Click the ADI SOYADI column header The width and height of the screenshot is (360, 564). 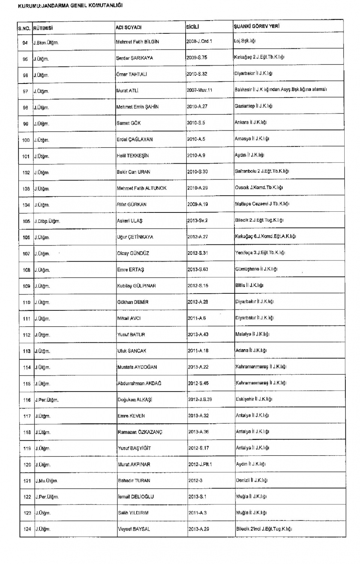tap(129, 27)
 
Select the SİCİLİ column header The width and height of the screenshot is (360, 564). tap(192, 27)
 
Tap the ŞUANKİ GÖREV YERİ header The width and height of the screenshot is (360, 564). tap(256, 26)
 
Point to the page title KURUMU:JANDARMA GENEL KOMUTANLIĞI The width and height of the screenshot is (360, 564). tap(70, 6)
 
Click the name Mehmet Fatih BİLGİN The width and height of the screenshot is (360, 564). tap(137, 42)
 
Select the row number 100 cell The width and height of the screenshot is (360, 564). tap(26, 140)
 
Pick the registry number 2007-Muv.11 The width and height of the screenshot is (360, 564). tap(199, 90)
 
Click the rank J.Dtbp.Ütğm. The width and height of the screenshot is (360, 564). tap(47, 221)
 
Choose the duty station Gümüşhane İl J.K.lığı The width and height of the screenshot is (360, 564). tap(256, 269)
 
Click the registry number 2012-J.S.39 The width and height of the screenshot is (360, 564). tap(200, 399)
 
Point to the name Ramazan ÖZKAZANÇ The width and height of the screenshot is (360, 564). tap(140, 432)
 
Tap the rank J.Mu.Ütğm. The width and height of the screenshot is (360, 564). tap(46, 481)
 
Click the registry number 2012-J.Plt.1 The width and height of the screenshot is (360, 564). tap(200, 464)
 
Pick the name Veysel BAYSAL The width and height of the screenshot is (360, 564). tap(134, 529)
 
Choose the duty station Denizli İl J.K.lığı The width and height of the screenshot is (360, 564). tap(252, 480)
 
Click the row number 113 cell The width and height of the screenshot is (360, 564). tap(27, 351)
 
